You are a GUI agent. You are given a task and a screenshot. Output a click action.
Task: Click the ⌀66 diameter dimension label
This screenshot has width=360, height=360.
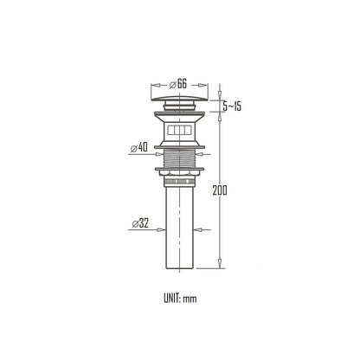(178, 84)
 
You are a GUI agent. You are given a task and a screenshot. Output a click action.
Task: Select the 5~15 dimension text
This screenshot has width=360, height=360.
(232, 106)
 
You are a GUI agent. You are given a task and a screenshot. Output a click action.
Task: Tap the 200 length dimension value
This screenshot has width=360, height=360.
(220, 190)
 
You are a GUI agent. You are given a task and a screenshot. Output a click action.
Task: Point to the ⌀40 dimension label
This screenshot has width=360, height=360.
(139, 148)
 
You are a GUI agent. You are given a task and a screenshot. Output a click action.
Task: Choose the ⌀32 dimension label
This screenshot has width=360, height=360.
(140, 223)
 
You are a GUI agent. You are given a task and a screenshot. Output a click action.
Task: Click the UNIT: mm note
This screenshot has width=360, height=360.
(180, 299)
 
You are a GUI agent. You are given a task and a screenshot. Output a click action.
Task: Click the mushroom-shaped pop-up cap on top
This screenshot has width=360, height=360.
(179, 98)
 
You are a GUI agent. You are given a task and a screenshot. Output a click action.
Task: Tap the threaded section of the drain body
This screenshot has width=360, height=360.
(179, 157)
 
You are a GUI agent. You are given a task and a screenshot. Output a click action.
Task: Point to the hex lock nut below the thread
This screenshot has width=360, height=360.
(179, 172)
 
